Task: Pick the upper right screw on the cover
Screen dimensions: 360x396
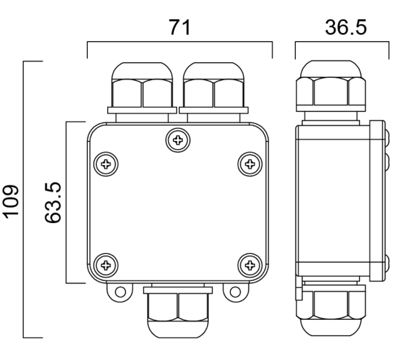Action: [250, 163]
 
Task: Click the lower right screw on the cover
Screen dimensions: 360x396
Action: [250, 265]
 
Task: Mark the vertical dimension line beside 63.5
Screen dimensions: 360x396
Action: [67, 202]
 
